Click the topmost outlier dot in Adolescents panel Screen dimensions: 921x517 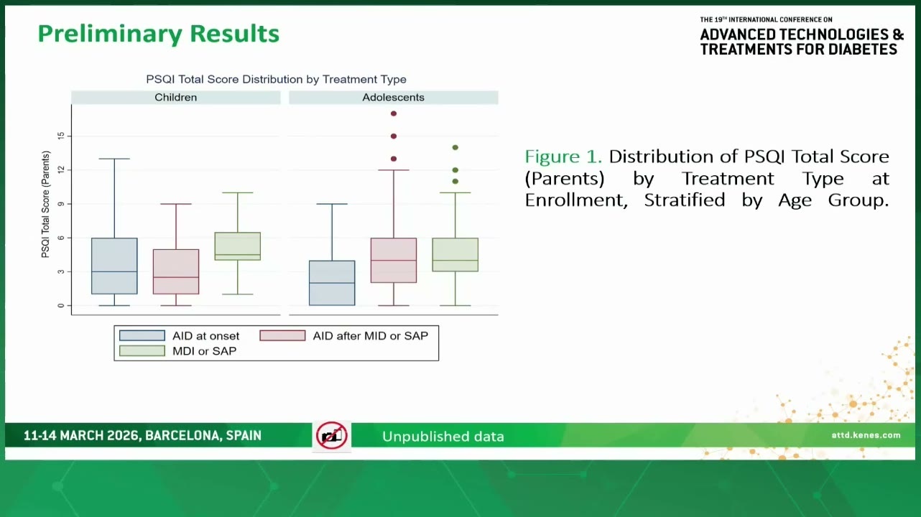(x=394, y=113)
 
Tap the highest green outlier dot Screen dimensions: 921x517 (x=455, y=147)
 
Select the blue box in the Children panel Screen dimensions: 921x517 (x=114, y=266)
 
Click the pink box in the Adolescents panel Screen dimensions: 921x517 (x=394, y=260)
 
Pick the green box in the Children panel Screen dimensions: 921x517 (x=238, y=246)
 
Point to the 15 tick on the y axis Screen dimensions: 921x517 (x=61, y=136)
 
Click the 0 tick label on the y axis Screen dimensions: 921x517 (x=61, y=305)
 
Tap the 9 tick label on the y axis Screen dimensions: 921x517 (x=61, y=204)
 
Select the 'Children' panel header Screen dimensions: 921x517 (x=176, y=98)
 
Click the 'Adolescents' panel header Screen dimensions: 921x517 (x=394, y=98)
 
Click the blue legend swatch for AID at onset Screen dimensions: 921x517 (x=142, y=336)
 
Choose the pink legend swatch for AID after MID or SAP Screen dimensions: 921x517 (x=282, y=336)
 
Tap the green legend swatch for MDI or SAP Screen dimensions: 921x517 (x=142, y=351)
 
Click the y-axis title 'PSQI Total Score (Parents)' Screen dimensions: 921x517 (x=45, y=204)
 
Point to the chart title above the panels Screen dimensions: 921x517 (x=277, y=79)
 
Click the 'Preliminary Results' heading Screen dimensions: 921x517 (x=159, y=34)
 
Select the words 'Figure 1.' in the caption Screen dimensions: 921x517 (x=563, y=157)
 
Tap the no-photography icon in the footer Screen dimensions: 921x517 (x=332, y=436)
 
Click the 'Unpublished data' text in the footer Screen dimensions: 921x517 (x=443, y=437)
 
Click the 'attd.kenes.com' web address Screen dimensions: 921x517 (x=866, y=435)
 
